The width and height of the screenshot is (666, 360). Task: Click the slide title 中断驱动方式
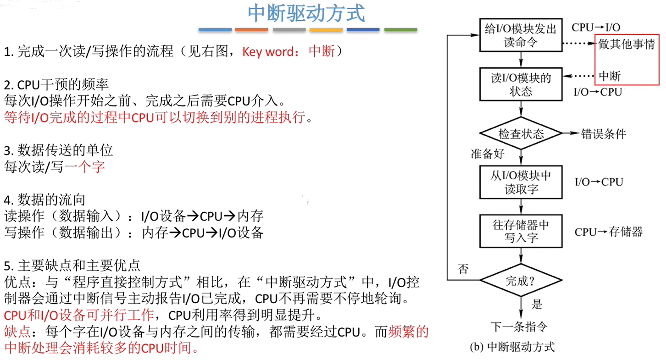click(x=306, y=14)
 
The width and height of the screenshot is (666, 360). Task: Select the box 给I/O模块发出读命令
click(x=521, y=35)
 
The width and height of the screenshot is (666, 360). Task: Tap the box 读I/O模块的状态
click(x=521, y=84)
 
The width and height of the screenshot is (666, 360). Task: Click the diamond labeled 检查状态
click(x=521, y=133)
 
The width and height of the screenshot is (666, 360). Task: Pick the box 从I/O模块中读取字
click(x=521, y=182)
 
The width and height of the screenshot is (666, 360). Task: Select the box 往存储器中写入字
click(x=521, y=231)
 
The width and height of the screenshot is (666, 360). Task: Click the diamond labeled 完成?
click(x=521, y=280)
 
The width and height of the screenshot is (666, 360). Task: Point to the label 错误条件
click(x=603, y=134)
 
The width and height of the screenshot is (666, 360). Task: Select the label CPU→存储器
click(x=609, y=232)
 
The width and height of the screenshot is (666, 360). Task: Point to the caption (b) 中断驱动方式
click(x=512, y=347)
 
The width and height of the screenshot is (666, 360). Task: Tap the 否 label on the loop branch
click(x=463, y=269)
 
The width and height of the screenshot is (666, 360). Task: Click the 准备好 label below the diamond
click(x=487, y=154)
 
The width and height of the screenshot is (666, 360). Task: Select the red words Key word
click(x=267, y=52)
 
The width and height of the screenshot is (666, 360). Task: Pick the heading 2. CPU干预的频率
click(x=56, y=85)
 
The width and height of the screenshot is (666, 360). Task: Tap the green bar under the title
click(x=400, y=30)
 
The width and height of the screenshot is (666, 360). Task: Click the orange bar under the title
click(x=251, y=30)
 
